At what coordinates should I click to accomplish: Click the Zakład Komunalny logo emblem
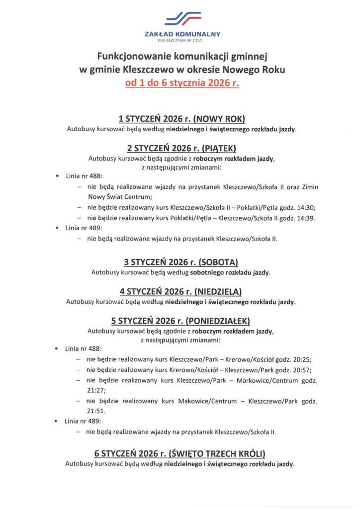click(182, 19)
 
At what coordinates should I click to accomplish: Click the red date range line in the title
click(182, 83)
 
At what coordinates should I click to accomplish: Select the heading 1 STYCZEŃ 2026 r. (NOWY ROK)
click(182, 119)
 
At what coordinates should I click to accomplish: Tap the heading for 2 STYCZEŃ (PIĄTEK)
click(181, 148)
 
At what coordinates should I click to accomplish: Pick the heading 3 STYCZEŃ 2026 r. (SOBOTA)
click(181, 262)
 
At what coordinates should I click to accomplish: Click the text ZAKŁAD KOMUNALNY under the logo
click(182, 34)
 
